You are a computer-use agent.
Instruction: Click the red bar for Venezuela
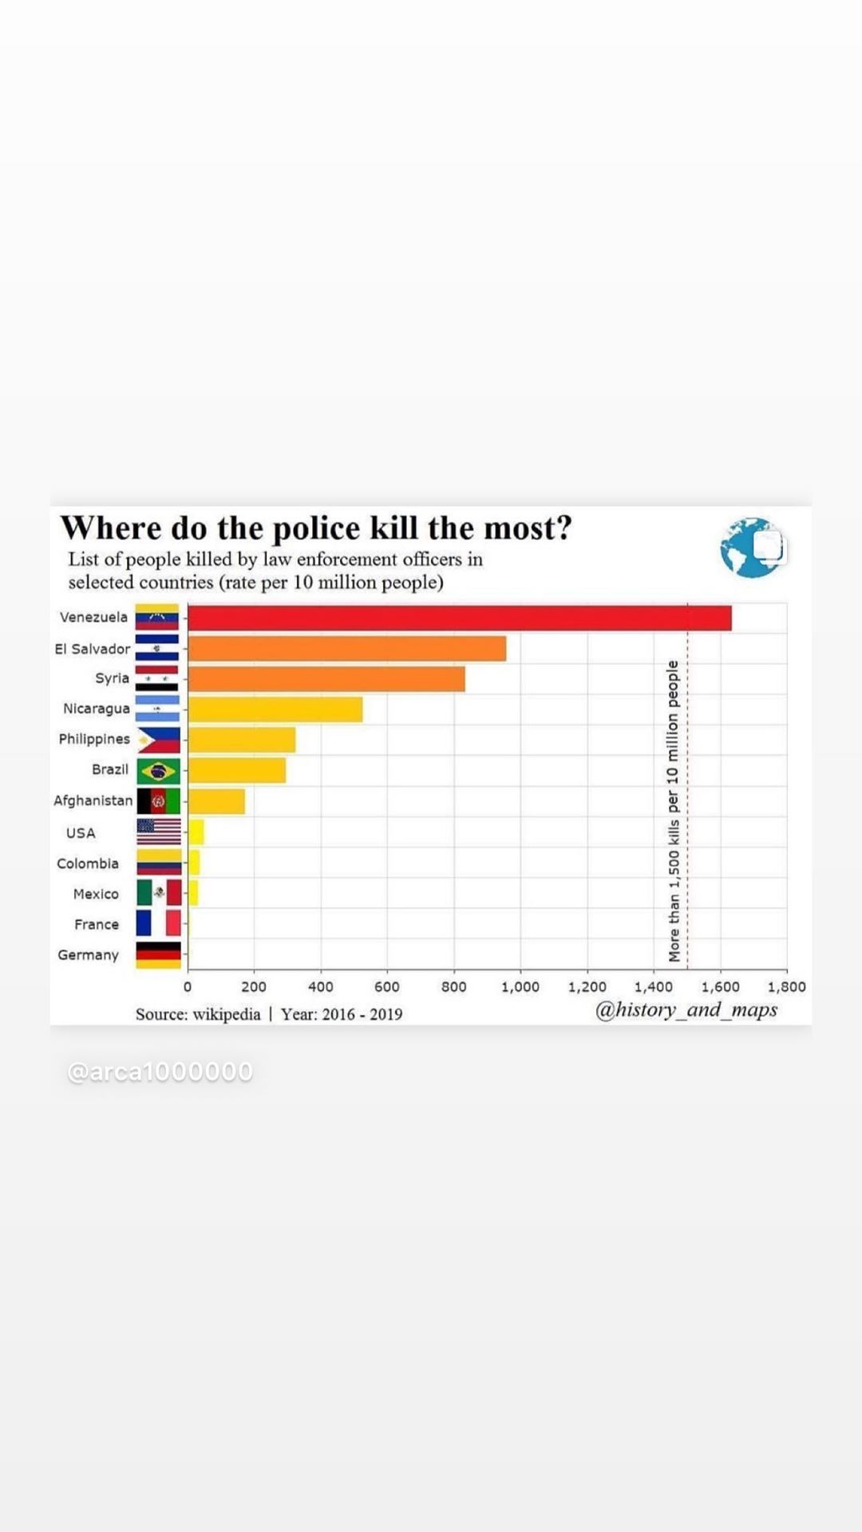point(459,618)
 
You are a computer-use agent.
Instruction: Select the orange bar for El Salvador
point(346,649)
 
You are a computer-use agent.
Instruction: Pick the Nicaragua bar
point(275,709)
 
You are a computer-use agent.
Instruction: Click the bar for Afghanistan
point(216,801)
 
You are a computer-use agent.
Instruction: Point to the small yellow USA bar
point(196,832)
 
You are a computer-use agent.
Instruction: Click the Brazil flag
point(158,771)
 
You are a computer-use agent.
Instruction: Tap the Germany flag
point(158,954)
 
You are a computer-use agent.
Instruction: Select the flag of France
point(158,923)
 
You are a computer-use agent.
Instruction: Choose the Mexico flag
point(158,893)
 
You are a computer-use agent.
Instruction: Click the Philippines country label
point(94,739)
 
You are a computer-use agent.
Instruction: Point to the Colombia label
point(88,863)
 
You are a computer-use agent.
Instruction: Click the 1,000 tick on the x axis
point(520,987)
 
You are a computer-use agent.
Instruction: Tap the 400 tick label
point(320,987)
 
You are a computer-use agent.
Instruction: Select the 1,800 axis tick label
point(786,987)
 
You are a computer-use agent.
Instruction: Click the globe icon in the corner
point(751,548)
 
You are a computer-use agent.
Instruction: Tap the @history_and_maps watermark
point(686,1010)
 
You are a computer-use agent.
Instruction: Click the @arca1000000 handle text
point(160,1072)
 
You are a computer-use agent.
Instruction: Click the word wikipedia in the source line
point(227,1014)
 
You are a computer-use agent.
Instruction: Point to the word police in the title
point(312,528)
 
